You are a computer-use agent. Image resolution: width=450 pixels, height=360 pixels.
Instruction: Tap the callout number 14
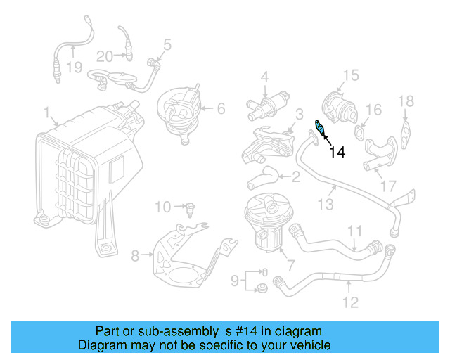(337, 151)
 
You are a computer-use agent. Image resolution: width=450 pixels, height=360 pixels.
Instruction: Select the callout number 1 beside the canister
(46, 112)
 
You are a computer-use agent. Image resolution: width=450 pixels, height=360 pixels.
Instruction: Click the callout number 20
(104, 56)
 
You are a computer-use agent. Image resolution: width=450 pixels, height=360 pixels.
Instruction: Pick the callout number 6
(220, 108)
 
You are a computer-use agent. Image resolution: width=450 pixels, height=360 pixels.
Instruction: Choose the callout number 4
(265, 76)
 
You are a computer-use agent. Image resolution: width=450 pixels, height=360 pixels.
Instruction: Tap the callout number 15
(350, 75)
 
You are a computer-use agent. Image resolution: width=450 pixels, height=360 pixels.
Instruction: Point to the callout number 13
(325, 204)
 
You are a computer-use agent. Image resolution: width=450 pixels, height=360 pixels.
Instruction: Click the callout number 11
(354, 231)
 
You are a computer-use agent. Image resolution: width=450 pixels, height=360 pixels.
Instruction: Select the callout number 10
(162, 207)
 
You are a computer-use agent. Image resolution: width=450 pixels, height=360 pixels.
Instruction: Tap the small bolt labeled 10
(190, 207)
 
